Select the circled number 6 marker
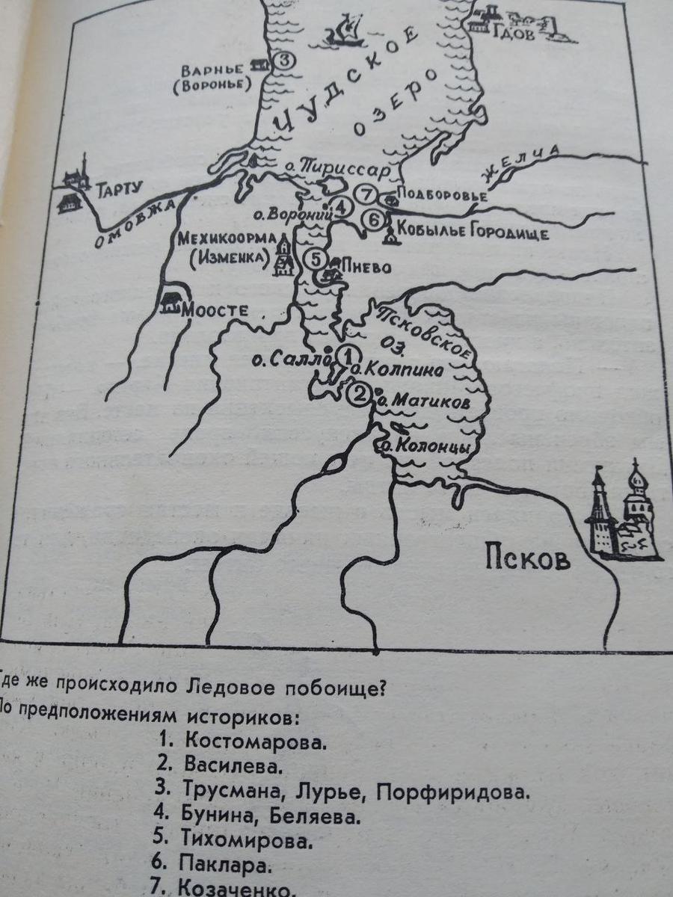pyautogui.click(x=375, y=220)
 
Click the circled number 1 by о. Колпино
pyautogui.click(x=316, y=259)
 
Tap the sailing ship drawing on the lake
pyautogui.click(x=344, y=34)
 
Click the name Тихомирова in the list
pyautogui.click(x=245, y=841)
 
